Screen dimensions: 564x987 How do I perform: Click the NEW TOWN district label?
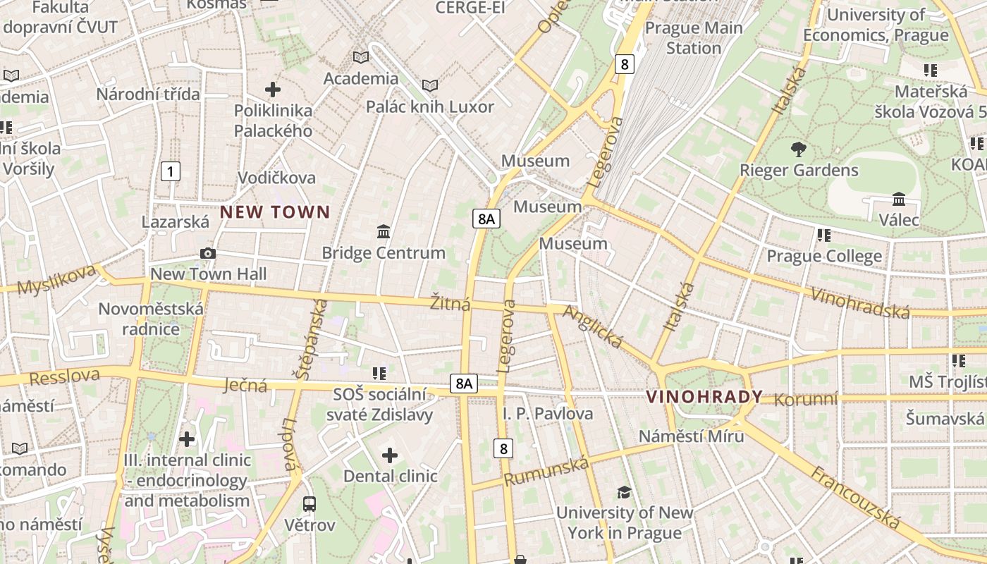tap(275, 211)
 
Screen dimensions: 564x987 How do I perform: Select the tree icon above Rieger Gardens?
tap(799, 149)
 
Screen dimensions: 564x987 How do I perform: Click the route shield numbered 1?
tap(170, 171)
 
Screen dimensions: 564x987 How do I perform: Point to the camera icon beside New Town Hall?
tap(208, 253)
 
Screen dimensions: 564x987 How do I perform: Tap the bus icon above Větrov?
tap(309, 503)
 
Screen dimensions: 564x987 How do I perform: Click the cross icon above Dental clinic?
tap(390, 455)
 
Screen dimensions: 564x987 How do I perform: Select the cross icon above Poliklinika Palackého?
tap(273, 90)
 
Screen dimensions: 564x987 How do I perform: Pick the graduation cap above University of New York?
tap(624, 491)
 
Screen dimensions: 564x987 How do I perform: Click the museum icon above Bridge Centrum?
tap(384, 231)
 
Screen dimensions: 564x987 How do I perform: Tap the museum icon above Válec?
tap(899, 199)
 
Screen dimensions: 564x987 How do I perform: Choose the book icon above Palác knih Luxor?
tap(430, 85)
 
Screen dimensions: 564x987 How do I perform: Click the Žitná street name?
tap(450, 305)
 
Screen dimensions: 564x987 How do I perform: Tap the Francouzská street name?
tap(855, 498)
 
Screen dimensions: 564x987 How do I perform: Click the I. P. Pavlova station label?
tap(548, 413)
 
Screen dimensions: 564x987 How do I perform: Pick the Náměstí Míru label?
tap(691, 436)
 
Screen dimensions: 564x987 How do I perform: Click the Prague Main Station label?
tap(694, 38)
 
